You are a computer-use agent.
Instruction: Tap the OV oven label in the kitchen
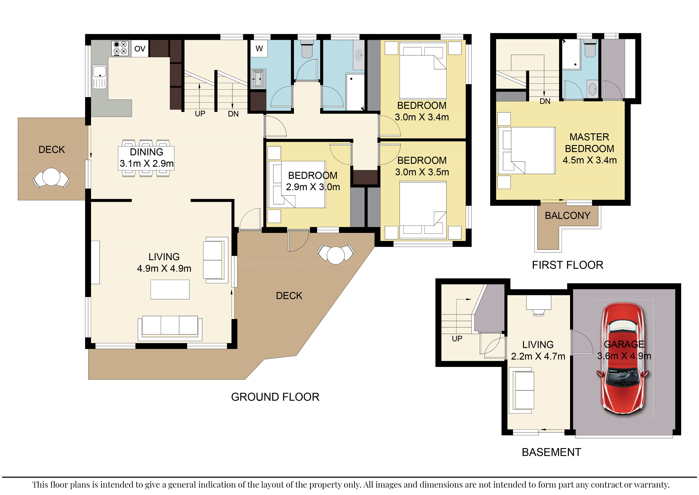coord(140,49)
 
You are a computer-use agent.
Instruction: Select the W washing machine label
coord(259,48)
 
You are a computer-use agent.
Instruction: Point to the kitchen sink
coord(100,77)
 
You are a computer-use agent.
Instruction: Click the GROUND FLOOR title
coord(275,397)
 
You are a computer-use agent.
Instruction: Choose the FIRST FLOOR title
coord(567,265)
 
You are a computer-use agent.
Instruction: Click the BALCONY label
coord(567,216)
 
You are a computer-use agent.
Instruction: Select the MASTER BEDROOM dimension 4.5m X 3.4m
coord(590,160)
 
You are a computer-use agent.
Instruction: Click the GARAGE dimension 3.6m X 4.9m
coord(624,356)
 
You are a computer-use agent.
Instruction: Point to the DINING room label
coord(146,152)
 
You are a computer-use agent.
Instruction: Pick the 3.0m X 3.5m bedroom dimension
coord(422,172)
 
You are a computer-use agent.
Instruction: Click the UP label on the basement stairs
coord(457,339)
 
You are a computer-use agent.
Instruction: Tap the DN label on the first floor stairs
coord(545,101)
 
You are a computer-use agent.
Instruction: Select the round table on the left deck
coord(51,177)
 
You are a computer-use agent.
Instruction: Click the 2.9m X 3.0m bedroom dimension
coord(313,187)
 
